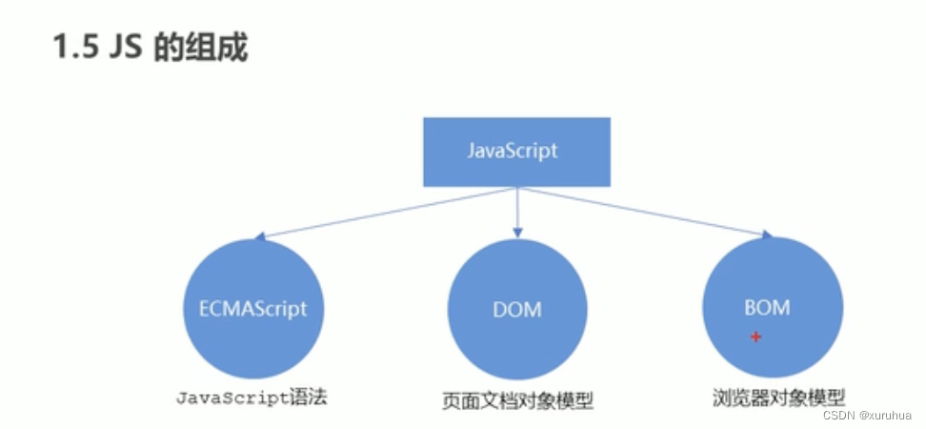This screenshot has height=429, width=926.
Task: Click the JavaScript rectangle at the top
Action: tap(516, 152)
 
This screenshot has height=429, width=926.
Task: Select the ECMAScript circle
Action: tap(252, 310)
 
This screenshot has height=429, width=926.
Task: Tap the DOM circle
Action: tap(517, 310)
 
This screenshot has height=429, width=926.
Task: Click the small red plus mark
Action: tap(755, 336)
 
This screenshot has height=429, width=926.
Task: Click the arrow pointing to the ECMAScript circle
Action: tap(381, 213)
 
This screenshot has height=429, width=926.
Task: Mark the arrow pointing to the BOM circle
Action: tap(648, 212)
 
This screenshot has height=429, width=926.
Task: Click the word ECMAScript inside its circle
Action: tap(252, 310)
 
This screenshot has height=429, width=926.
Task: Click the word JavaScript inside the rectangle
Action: tap(513, 152)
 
